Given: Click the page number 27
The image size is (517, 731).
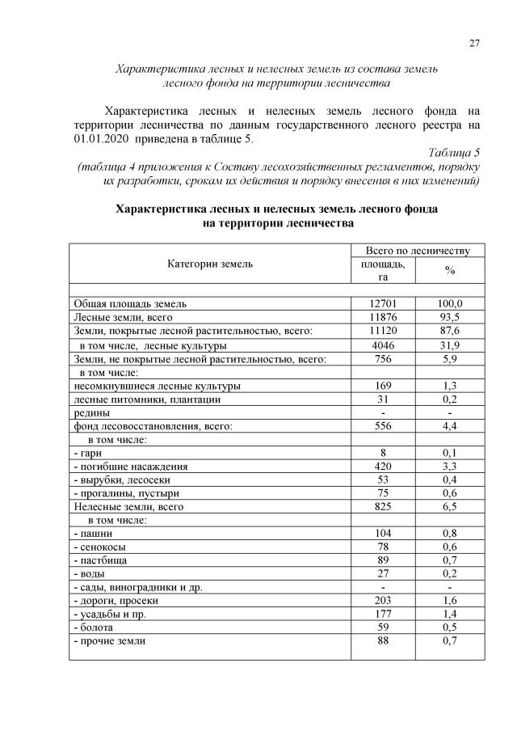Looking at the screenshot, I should pos(474,43).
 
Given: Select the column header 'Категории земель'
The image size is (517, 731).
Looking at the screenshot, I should pos(210,264).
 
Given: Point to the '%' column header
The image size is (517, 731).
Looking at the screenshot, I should pos(449,271).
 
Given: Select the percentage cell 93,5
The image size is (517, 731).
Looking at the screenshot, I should pos(449,317).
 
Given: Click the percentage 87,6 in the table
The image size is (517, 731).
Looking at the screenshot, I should pos(449,331).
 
